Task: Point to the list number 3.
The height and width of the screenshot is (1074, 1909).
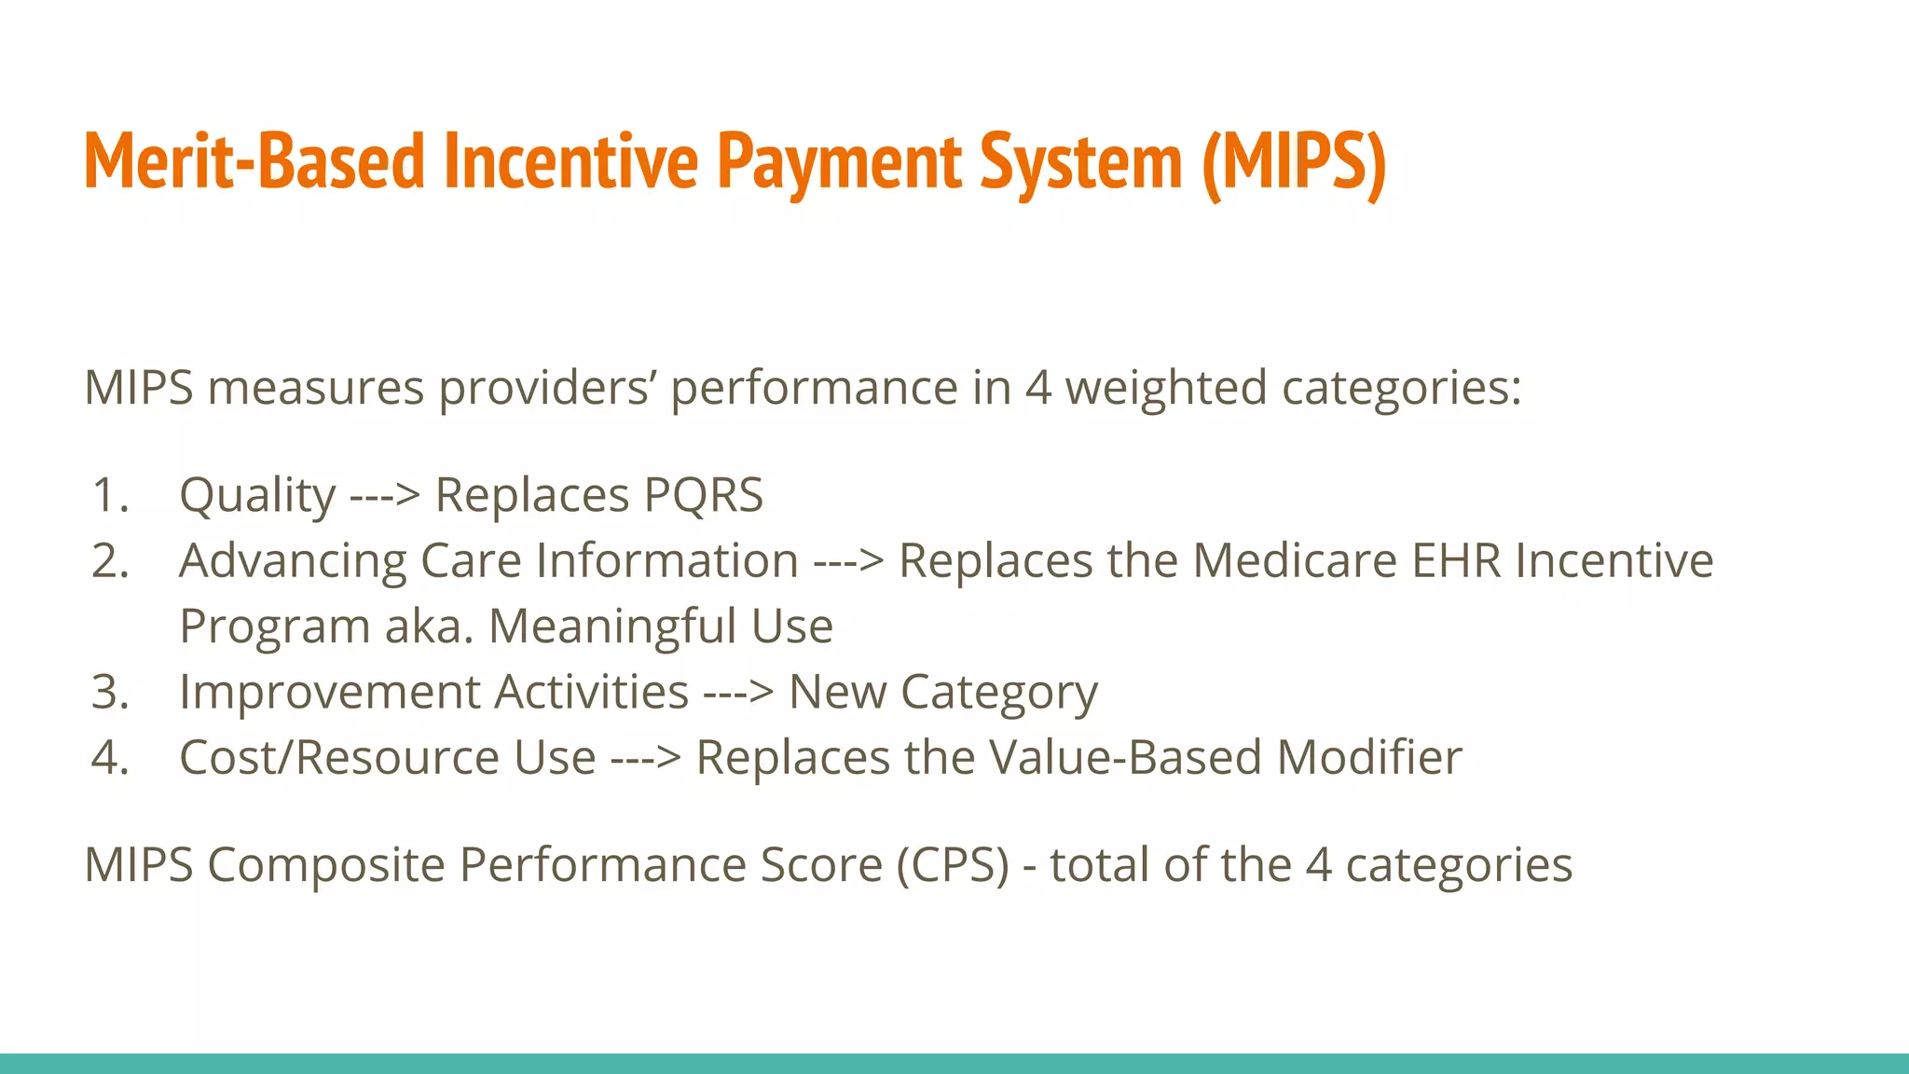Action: click(x=110, y=692)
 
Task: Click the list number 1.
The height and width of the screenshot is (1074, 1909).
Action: click(x=110, y=495)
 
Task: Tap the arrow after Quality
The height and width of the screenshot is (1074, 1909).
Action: click(x=384, y=495)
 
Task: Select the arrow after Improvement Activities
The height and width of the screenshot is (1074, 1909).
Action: click(x=738, y=692)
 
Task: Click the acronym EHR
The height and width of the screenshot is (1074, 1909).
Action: click(x=1456, y=561)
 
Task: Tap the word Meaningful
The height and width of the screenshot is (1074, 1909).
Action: click(x=613, y=626)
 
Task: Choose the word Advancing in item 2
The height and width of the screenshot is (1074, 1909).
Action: click(x=293, y=561)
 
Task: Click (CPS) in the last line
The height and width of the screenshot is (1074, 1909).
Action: click(x=953, y=865)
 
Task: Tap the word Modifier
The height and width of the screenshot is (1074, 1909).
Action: click(x=1368, y=757)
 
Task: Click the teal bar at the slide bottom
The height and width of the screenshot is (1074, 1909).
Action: click(x=954, y=1063)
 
